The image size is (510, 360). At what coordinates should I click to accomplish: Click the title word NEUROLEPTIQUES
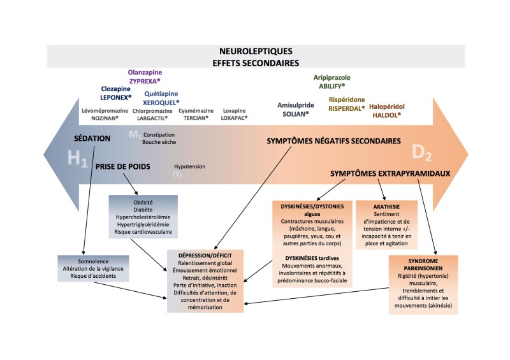tap(255, 52)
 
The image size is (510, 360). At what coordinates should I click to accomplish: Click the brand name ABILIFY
tap(331, 86)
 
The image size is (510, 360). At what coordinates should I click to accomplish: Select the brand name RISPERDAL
tap(347, 108)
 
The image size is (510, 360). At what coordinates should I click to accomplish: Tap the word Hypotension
tap(189, 166)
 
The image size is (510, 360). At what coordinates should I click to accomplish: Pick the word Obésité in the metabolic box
tap(140, 201)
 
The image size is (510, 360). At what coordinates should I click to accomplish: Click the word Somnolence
tap(94, 261)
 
